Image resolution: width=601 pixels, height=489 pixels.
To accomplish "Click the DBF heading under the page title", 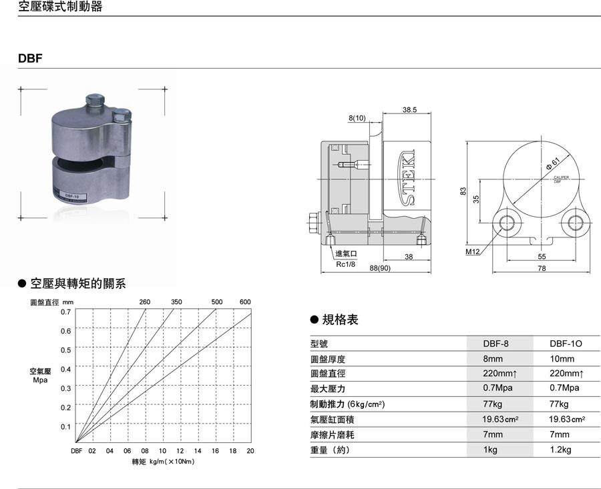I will [31, 58].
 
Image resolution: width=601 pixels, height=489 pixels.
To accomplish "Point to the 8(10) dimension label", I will [358, 118].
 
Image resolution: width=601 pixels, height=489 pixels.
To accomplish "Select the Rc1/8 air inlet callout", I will [346, 263].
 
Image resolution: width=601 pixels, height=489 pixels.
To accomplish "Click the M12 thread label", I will [473, 253].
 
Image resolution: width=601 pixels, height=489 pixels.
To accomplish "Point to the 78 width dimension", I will [542, 268].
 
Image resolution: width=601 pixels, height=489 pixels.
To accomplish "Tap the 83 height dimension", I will [462, 191].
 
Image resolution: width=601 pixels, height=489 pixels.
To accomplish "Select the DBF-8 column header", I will [495, 344].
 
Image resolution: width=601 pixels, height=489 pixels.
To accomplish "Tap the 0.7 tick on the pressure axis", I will [65, 312].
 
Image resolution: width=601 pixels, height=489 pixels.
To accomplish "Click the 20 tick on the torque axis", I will [250, 451].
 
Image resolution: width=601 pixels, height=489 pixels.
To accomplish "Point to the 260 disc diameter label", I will [145, 302].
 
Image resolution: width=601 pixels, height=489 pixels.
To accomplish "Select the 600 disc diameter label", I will [245, 302].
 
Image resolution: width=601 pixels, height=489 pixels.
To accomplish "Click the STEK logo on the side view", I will [408, 178].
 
